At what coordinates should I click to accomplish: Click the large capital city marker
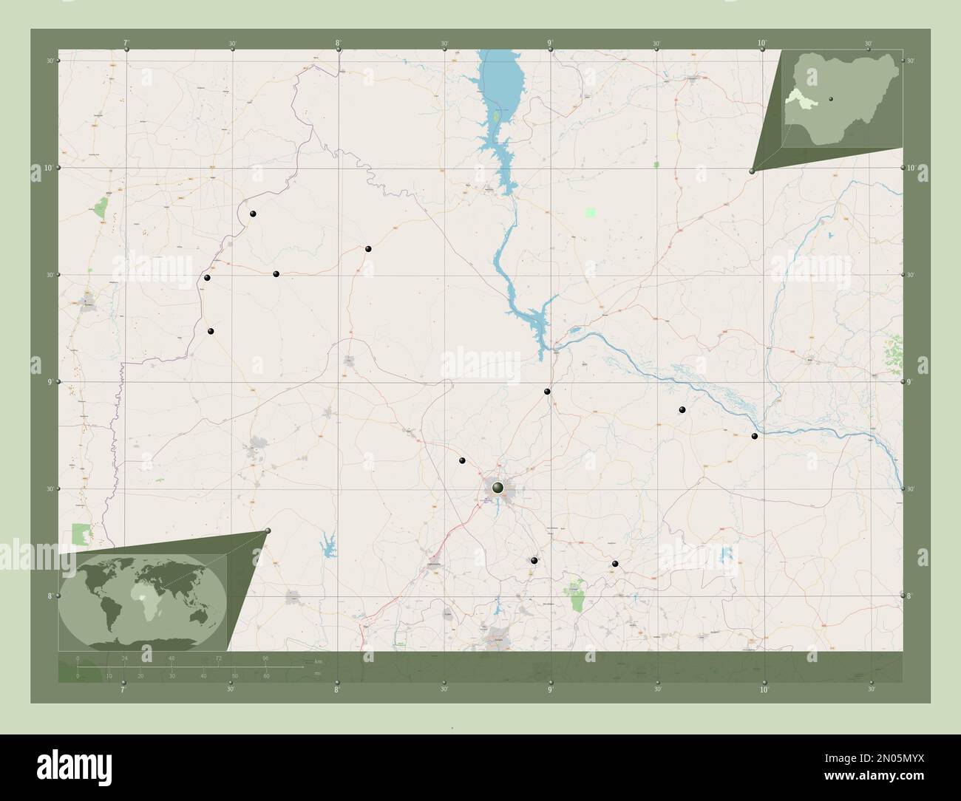tap(498, 487)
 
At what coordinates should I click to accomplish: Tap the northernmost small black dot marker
tap(253, 214)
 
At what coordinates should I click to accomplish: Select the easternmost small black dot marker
tap(754, 436)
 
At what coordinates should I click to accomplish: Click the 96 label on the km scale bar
tap(265, 658)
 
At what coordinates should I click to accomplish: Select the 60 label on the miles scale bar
tap(265, 676)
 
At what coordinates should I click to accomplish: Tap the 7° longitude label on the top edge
tap(126, 44)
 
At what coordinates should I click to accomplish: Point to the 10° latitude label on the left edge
tap(47, 168)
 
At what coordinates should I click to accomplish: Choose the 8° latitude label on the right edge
tap(911, 595)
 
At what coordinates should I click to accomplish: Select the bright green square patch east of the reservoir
tap(590, 212)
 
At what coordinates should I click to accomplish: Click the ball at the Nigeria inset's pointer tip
tap(753, 171)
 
